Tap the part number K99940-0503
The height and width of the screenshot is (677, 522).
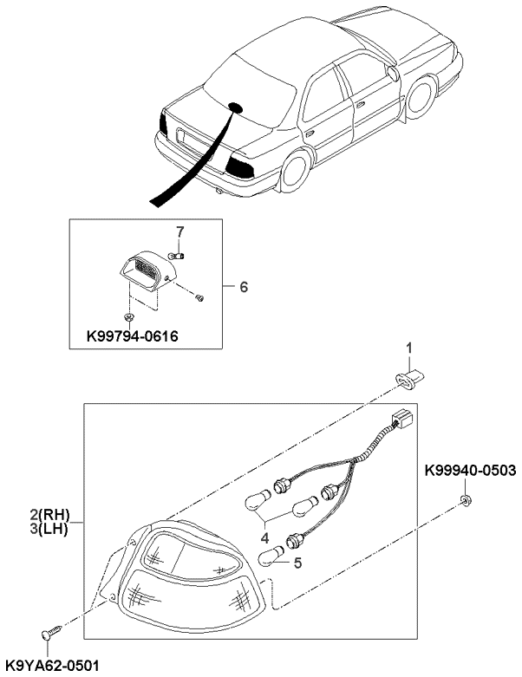click(x=470, y=471)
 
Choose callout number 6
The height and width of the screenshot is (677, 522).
click(x=244, y=285)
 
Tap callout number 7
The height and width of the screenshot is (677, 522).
click(x=180, y=231)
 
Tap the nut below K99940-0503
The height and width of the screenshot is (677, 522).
click(x=467, y=499)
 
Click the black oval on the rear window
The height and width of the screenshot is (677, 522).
click(x=234, y=108)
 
